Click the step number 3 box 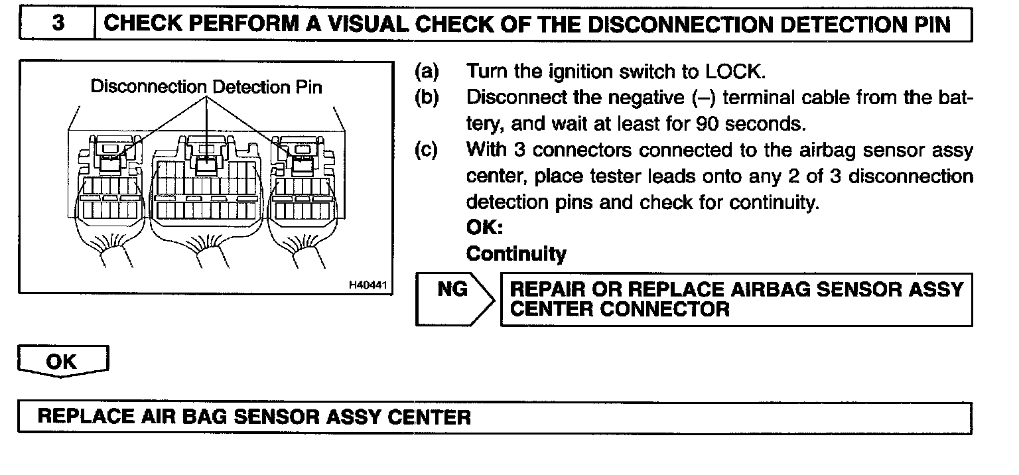tap(58, 25)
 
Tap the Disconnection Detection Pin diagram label tap(206, 87)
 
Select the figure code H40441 tap(367, 285)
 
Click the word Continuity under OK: tap(516, 254)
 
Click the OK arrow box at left tap(62, 362)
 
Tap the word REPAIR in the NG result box tap(548, 290)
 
